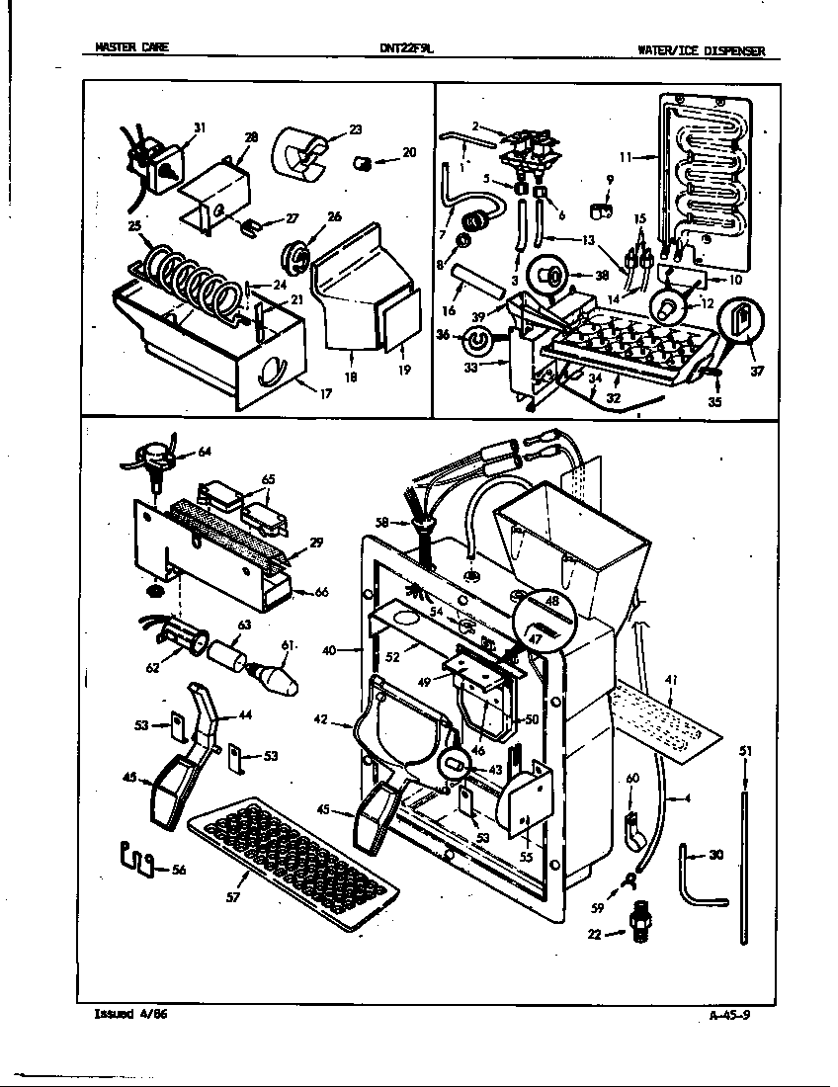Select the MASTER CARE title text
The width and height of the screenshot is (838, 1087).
coord(125,47)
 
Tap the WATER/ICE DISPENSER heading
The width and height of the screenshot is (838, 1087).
coord(701,51)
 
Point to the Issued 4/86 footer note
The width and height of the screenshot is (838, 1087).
coord(124,1014)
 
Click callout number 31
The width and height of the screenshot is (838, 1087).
coord(200,127)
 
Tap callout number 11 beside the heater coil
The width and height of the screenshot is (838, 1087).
coord(625,156)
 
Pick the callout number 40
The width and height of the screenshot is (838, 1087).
coord(329,650)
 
